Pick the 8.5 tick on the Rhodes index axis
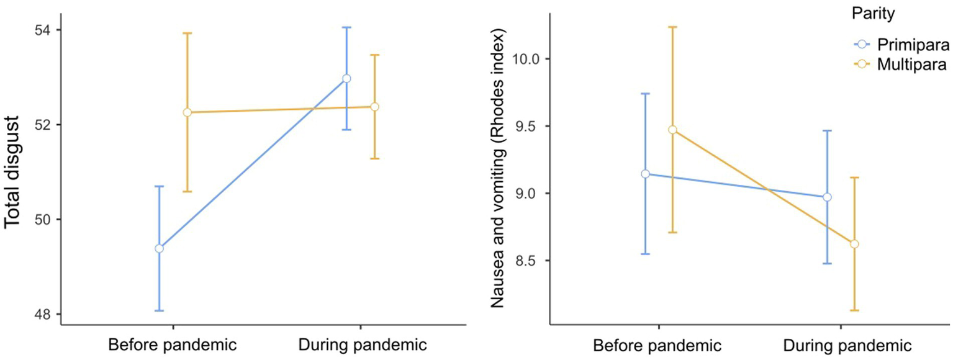(x=527, y=261)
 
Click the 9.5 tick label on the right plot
(x=527, y=126)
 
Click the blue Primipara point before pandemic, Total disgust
(x=159, y=248)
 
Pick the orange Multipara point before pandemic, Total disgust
(x=187, y=112)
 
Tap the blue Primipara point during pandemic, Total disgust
(x=347, y=78)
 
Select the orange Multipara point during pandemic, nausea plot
(x=854, y=244)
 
